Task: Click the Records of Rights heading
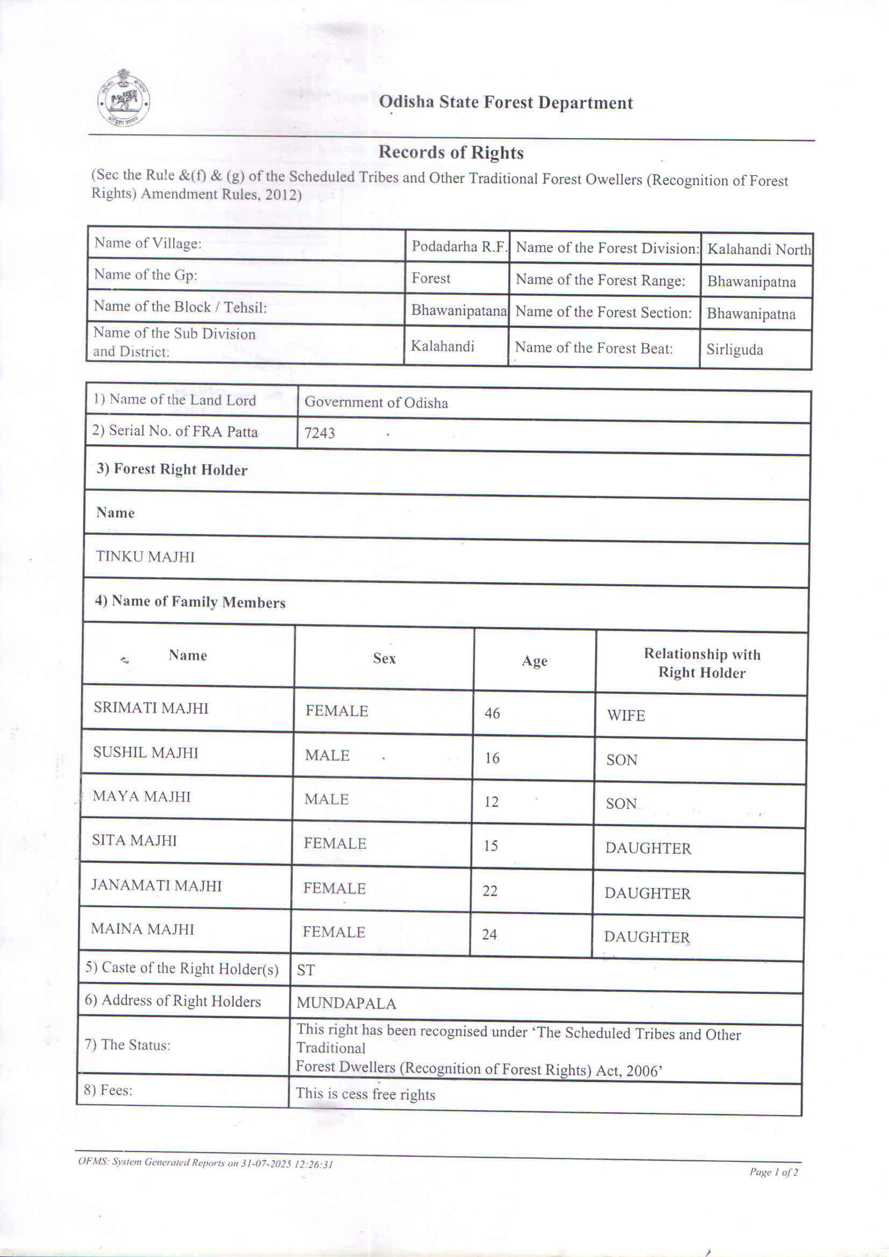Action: pyautogui.click(x=451, y=152)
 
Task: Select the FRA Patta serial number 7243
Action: pyautogui.click(x=319, y=433)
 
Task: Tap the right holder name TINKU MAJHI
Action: pyautogui.click(x=145, y=557)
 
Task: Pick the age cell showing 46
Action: pyautogui.click(x=492, y=713)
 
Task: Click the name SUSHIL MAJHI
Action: pyautogui.click(x=145, y=753)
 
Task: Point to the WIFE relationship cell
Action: pyautogui.click(x=625, y=715)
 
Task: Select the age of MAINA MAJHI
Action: pyautogui.click(x=489, y=934)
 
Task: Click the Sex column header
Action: pyautogui.click(x=384, y=658)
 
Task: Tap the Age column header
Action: pyautogui.click(x=534, y=661)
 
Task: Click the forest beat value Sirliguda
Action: pyautogui.click(x=734, y=349)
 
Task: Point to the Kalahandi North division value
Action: pyautogui.click(x=759, y=250)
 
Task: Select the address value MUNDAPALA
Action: pyautogui.click(x=346, y=1004)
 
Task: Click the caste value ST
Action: pyautogui.click(x=305, y=970)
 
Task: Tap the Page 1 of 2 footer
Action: pyautogui.click(x=773, y=1172)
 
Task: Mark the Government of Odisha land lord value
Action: pyautogui.click(x=376, y=402)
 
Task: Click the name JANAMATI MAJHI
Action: pyautogui.click(x=156, y=885)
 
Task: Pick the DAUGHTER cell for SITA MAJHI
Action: pyautogui.click(x=648, y=848)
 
